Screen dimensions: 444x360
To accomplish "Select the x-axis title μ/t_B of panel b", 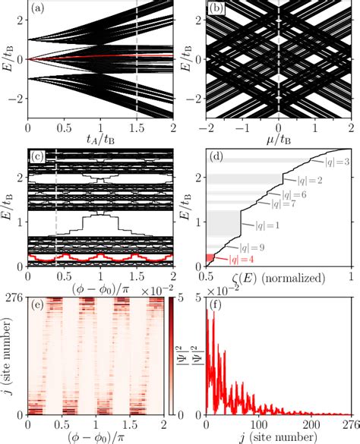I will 279,140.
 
